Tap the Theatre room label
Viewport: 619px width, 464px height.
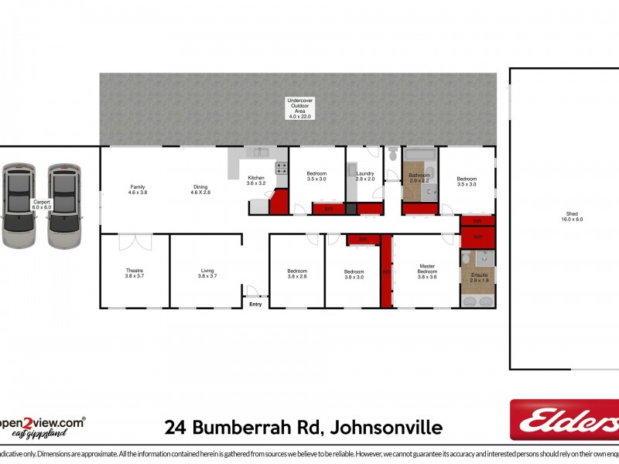(x=135, y=273)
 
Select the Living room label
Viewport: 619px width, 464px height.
(x=207, y=273)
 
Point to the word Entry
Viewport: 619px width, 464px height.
(x=255, y=304)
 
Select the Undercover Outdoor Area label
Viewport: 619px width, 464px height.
(x=299, y=108)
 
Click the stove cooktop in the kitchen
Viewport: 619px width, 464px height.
(x=281, y=168)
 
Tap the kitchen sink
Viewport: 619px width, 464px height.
(x=260, y=152)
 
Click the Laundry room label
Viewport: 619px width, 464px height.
(x=365, y=176)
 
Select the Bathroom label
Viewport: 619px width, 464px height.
(x=419, y=177)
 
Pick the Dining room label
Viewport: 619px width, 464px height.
(x=200, y=189)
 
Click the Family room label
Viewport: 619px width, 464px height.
(x=138, y=189)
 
